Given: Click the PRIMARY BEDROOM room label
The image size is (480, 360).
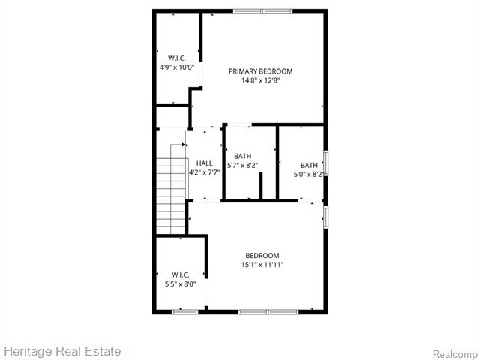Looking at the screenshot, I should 260,71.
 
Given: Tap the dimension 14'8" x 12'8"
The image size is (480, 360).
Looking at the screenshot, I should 260,81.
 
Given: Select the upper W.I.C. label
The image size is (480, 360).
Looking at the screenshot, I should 177,58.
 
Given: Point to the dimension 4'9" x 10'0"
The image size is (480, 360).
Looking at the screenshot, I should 177,67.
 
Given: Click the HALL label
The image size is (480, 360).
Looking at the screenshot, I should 204,163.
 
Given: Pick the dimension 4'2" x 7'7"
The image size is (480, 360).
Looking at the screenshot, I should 204,172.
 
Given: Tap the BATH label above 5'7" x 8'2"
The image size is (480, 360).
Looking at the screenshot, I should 242,156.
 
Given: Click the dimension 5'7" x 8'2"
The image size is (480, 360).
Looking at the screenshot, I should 242,165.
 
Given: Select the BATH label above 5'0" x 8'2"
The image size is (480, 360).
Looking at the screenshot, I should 309,166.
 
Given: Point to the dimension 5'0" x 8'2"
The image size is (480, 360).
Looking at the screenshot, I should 308,175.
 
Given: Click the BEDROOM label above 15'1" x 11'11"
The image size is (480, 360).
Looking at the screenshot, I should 262,256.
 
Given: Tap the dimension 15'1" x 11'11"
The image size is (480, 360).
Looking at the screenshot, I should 262,265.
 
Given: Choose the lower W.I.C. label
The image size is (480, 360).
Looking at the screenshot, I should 180,274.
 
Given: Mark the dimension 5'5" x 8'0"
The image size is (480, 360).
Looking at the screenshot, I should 180,283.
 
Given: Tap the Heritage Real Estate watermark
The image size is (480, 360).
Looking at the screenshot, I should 62,351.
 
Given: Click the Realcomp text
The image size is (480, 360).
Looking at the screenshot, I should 455,353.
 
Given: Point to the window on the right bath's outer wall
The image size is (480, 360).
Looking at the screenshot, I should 325,163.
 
